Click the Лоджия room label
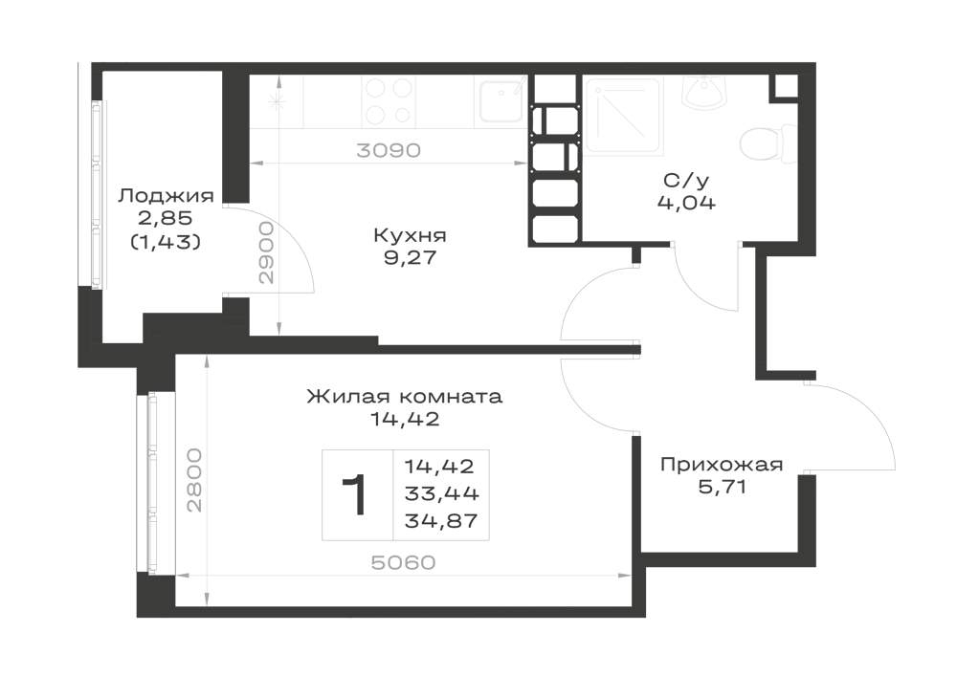(x=166, y=196)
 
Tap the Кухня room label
(x=411, y=234)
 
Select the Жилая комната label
(x=404, y=396)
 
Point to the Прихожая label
(x=722, y=465)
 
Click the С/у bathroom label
(x=686, y=180)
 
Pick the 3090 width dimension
(x=389, y=150)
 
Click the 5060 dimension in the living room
(x=404, y=562)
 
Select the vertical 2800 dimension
(x=193, y=480)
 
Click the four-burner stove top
(x=389, y=101)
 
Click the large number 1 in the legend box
(x=355, y=495)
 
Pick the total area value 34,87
(x=441, y=520)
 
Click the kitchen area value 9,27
(x=411, y=258)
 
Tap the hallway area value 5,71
(x=722, y=487)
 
